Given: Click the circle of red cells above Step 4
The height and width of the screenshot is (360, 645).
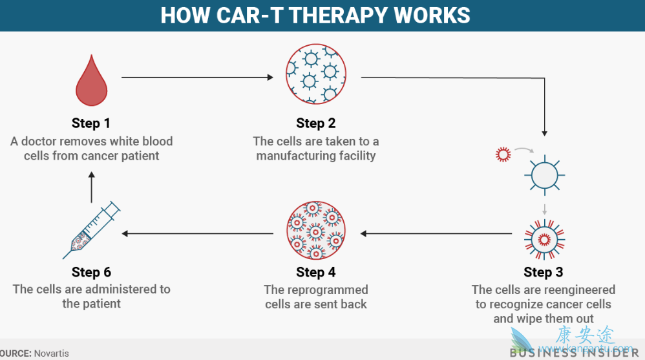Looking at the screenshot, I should (x=316, y=231).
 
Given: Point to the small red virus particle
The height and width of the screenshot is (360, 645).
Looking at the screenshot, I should (x=503, y=154).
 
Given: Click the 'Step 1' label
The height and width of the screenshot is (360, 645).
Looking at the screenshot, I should (x=91, y=123).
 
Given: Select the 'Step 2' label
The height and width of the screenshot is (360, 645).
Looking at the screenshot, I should (x=316, y=123).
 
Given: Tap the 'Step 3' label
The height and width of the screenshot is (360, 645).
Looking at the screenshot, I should (x=543, y=272).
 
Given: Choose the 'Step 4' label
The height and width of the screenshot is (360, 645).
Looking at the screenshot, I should (x=316, y=272).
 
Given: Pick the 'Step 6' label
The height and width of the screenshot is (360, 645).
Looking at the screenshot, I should (x=91, y=272).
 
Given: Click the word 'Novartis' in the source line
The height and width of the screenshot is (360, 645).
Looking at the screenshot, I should (x=52, y=354).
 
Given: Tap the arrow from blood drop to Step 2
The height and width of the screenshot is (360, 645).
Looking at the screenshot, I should (x=197, y=78).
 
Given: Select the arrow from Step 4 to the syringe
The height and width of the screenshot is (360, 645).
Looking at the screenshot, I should (x=197, y=233).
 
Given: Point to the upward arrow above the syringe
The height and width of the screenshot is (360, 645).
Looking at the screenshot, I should (x=91, y=184).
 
